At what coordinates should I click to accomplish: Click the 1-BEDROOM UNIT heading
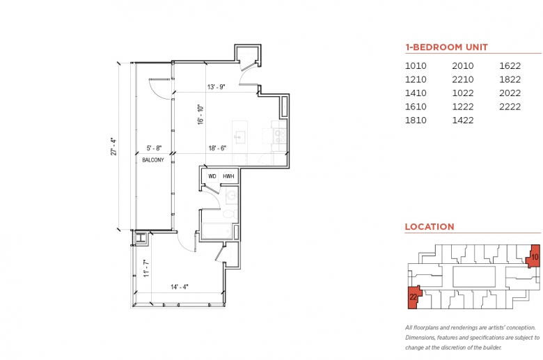tap(446, 47)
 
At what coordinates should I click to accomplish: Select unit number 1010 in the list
tap(416, 66)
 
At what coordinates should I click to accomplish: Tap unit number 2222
tap(510, 107)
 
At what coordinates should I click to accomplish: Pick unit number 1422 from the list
tap(463, 120)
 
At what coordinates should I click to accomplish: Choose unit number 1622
tap(510, 66)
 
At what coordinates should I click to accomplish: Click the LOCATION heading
tap(430, 226)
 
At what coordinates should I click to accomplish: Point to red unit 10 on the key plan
tap(534, 256)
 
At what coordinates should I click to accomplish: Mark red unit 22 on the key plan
tap(414, 297)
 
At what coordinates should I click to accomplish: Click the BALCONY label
tap(153, 160)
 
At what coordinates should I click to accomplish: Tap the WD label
tap(212, 176)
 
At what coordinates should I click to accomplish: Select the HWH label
tap(228, 176)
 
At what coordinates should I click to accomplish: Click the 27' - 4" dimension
tap(113, 146)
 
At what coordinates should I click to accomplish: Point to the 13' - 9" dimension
tap(217, 86)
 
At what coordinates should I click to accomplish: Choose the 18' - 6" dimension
tap(217, 148)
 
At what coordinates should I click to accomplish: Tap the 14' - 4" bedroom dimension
tap(180, 287)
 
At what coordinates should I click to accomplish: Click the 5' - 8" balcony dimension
tap(154, 148)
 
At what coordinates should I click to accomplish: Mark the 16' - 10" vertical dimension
tap(200, 115)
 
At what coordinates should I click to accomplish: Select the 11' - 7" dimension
tap(146, 269)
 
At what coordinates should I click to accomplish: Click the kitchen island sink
tap(239, 136)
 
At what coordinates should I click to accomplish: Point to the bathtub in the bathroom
tap(217, 230)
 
